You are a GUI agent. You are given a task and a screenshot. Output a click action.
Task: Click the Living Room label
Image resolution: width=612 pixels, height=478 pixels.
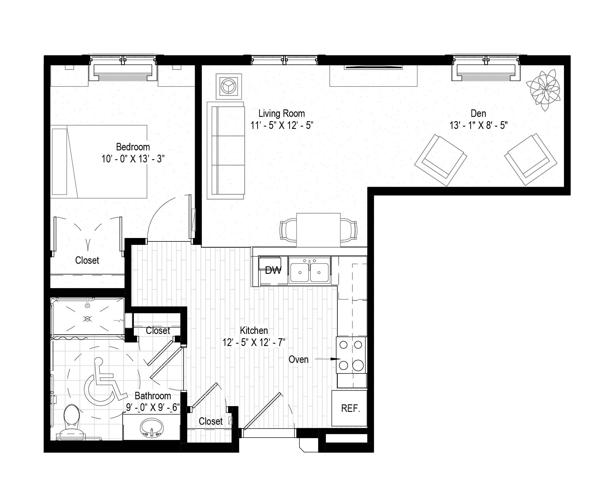(x=282, y=114)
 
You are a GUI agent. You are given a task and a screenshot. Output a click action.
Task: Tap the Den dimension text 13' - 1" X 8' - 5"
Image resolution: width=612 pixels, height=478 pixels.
(x=478, y=125)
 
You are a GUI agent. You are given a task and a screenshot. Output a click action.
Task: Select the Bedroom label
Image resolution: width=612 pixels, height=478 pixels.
(x=133, y=147)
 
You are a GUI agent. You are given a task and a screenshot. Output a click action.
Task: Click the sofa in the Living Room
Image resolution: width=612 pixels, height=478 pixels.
(x=226, y=151)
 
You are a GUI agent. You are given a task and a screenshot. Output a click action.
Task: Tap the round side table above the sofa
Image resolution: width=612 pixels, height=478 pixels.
(x=229, y=86)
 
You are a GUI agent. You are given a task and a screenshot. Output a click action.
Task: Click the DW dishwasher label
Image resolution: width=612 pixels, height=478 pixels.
(x=273, y=270)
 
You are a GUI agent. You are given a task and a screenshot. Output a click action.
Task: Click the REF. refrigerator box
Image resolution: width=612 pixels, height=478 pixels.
(x=349, y=408)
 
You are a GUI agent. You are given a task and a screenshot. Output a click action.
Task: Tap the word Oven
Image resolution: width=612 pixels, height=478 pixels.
(x=298, y=359)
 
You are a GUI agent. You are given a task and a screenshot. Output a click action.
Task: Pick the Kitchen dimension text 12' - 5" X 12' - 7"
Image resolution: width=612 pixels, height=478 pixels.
(x=254, y=342)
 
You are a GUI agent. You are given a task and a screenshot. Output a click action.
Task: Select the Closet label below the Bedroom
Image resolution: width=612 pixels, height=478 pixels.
(x=87, y=260)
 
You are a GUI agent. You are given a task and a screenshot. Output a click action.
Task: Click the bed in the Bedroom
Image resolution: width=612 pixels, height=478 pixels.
(x=99, y=162)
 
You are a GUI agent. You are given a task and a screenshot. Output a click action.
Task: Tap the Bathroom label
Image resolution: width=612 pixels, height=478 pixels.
(x=153, y=396)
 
